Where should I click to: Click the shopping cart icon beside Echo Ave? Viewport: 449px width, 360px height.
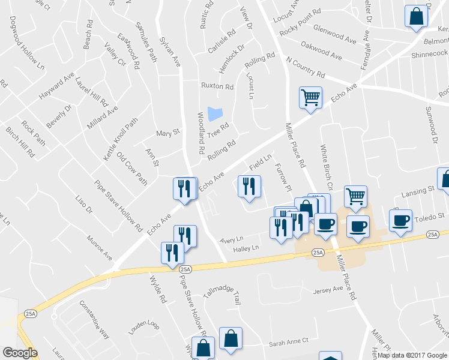click(x=310, y=97)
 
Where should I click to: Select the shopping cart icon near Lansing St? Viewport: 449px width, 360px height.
click(x=355, y=196)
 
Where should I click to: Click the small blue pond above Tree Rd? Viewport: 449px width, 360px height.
click(x=214, y=113)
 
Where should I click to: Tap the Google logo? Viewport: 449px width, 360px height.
click(x=20, y=353)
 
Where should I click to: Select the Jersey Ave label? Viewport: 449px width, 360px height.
click(x=328, y=289)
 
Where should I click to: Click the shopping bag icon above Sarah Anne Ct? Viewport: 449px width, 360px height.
click(x=231, y=338)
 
